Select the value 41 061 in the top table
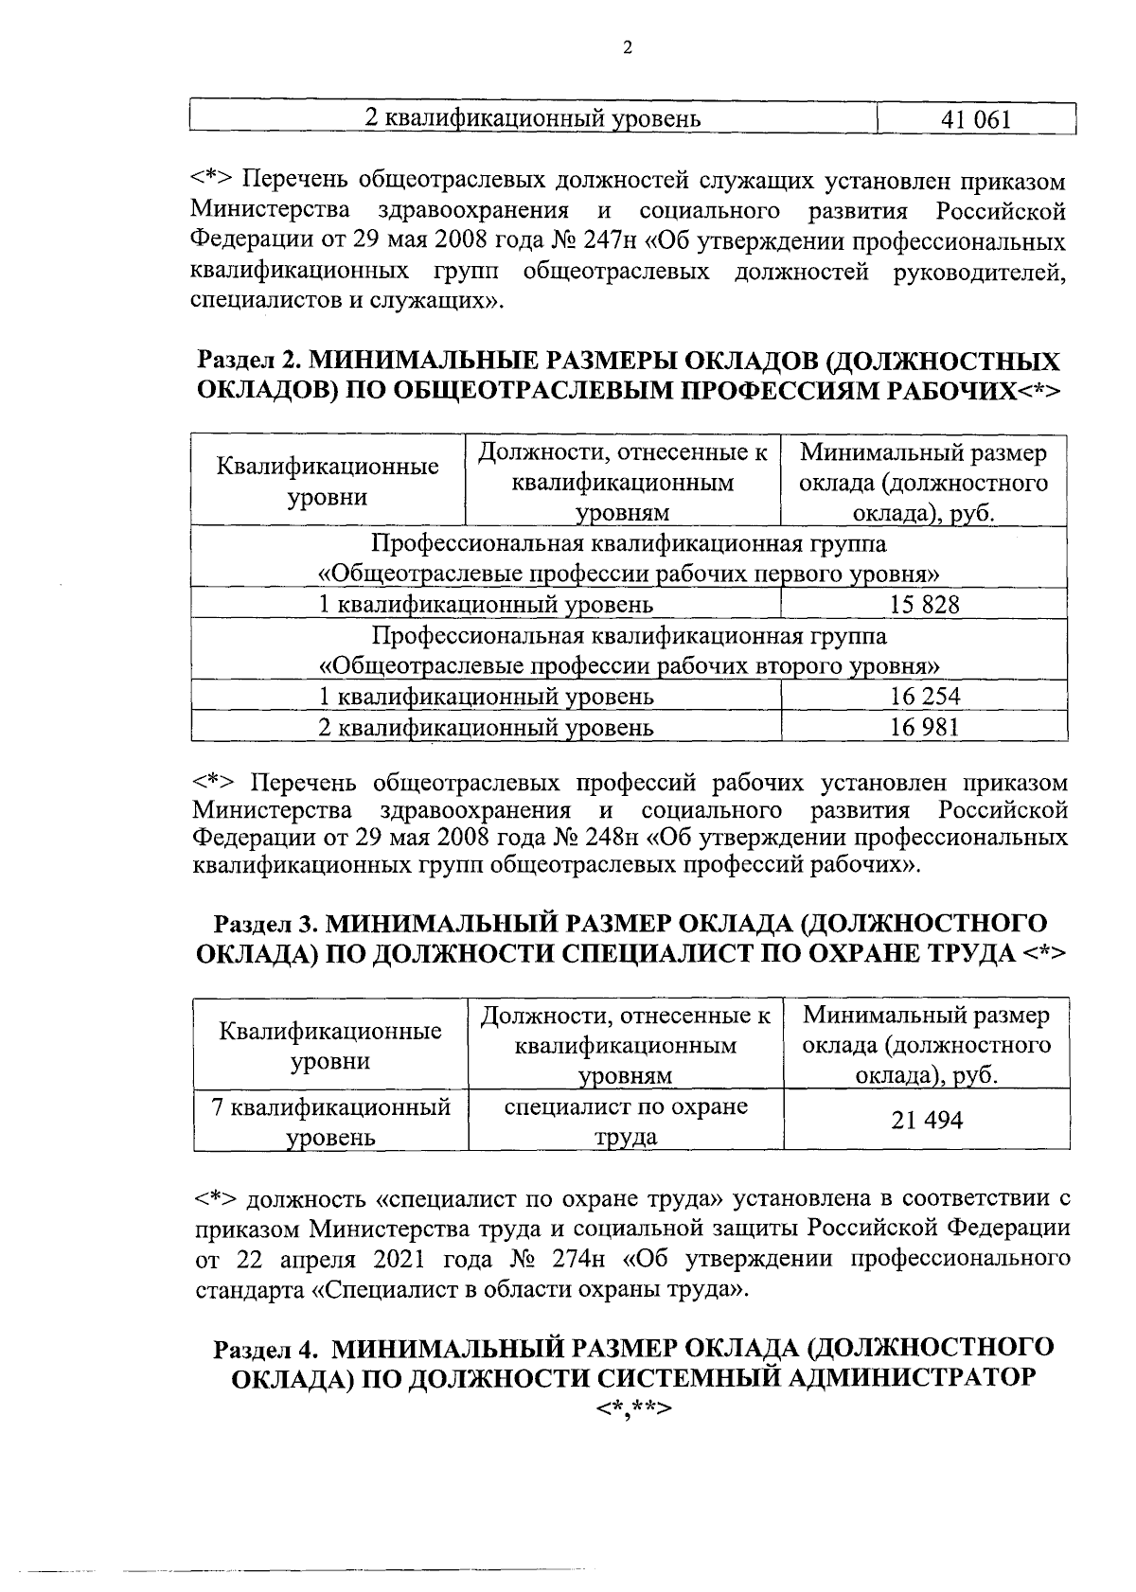[976, 119]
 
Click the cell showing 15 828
[924, 605]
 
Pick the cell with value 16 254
[924, 697]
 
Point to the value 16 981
[924, 727]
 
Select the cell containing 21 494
[927, 1121]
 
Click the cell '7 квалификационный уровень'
[330, 1121]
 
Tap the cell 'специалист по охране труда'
[626, 1121]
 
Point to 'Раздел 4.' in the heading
[266, 1348]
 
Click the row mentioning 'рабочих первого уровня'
[630, 574]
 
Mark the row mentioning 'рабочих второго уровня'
[630, 665]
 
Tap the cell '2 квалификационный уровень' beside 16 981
[486, 727]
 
